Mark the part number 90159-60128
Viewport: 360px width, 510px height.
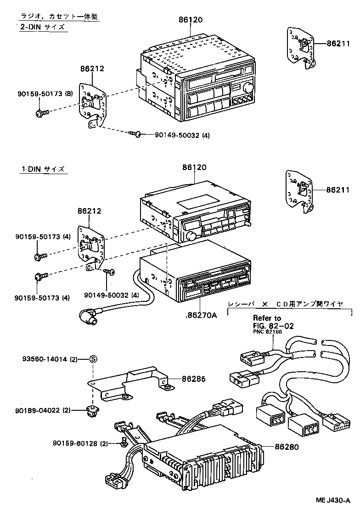(x=76, y=443)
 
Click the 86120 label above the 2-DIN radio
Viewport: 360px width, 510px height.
(x=191, y=20)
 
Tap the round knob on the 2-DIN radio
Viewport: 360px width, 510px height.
(x=248, y=88)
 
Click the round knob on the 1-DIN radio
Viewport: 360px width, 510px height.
(x=191, y=237)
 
